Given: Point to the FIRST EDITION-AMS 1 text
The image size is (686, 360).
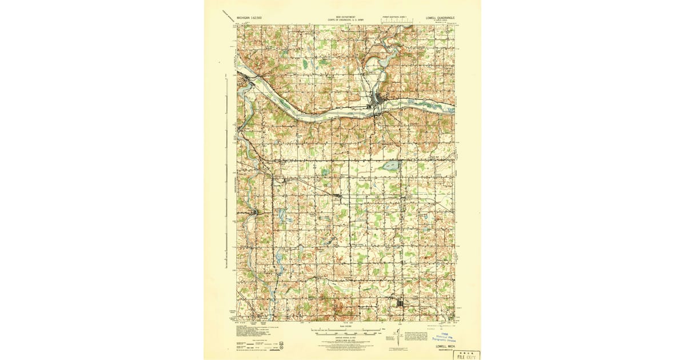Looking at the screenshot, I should point(394,18).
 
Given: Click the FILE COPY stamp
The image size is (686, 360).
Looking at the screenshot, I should point(466,355).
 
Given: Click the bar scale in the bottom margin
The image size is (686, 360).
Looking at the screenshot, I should point(346,330).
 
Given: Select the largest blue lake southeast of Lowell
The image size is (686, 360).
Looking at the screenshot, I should point(391,166).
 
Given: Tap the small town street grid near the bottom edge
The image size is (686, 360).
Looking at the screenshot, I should point(401,304).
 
